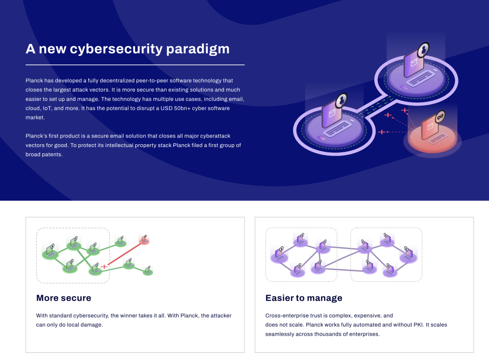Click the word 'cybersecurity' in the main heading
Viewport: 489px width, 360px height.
point(117,49)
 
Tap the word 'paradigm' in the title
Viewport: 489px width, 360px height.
point(198,49)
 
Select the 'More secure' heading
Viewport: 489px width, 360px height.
point(64,298)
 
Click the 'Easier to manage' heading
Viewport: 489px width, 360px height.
point(304,298)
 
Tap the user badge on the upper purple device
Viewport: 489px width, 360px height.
point(423,50)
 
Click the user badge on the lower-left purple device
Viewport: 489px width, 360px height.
point(341,100)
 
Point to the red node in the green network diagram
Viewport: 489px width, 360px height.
point(144,239)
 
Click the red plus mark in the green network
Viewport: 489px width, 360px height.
point(104,266)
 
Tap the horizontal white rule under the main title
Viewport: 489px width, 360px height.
point(135,65)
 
